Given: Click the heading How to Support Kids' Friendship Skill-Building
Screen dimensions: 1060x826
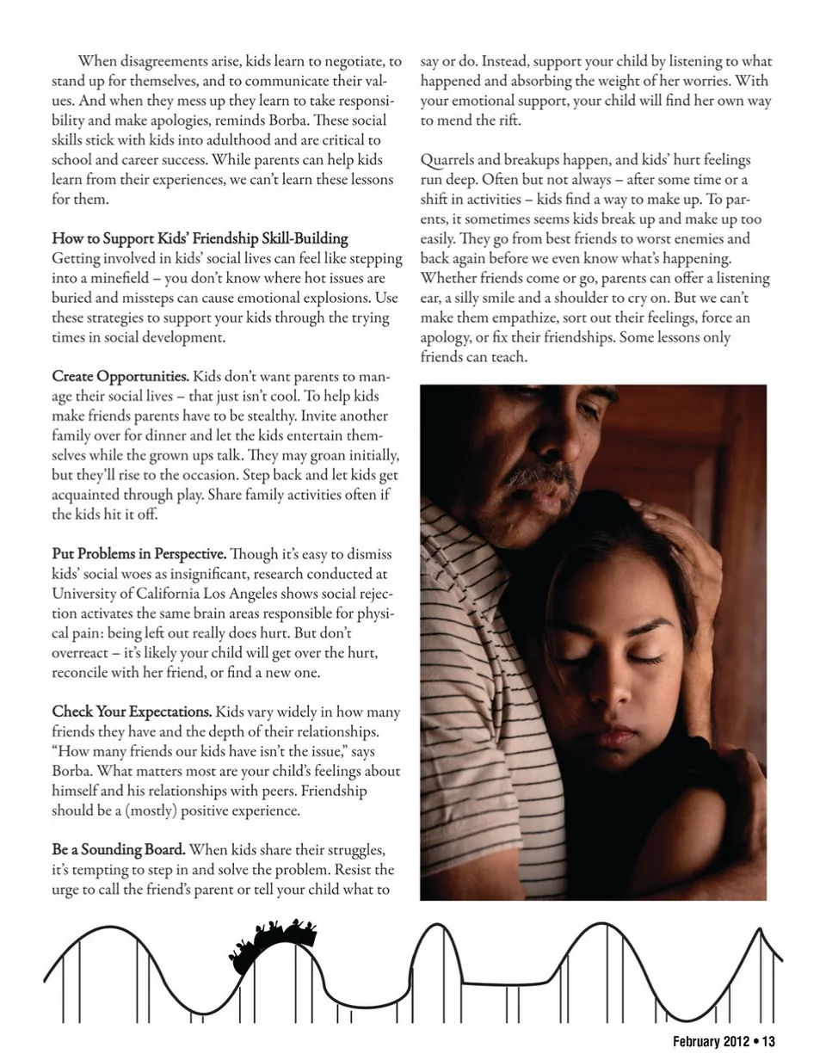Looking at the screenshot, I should tap(200, 238).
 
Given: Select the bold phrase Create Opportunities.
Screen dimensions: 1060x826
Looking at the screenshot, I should tap(120, 377).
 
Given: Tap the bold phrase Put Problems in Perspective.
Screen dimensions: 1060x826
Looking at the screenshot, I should tap(139, 553).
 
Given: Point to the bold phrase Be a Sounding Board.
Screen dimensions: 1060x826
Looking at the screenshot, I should tap(119, 850).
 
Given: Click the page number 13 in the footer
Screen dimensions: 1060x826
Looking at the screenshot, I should tap(768, 1042).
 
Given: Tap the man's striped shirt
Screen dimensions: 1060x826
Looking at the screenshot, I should tap(482, 688).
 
